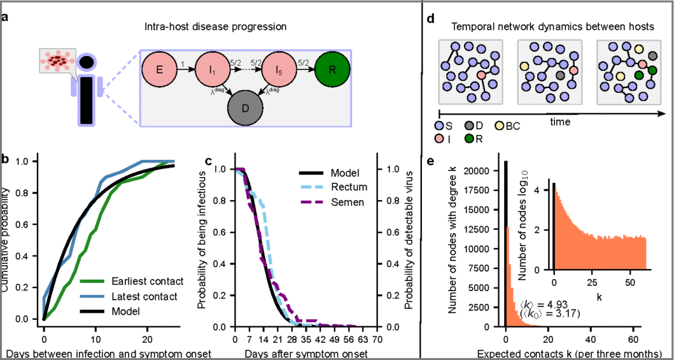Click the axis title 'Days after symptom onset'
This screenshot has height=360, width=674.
pos(305,353)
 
